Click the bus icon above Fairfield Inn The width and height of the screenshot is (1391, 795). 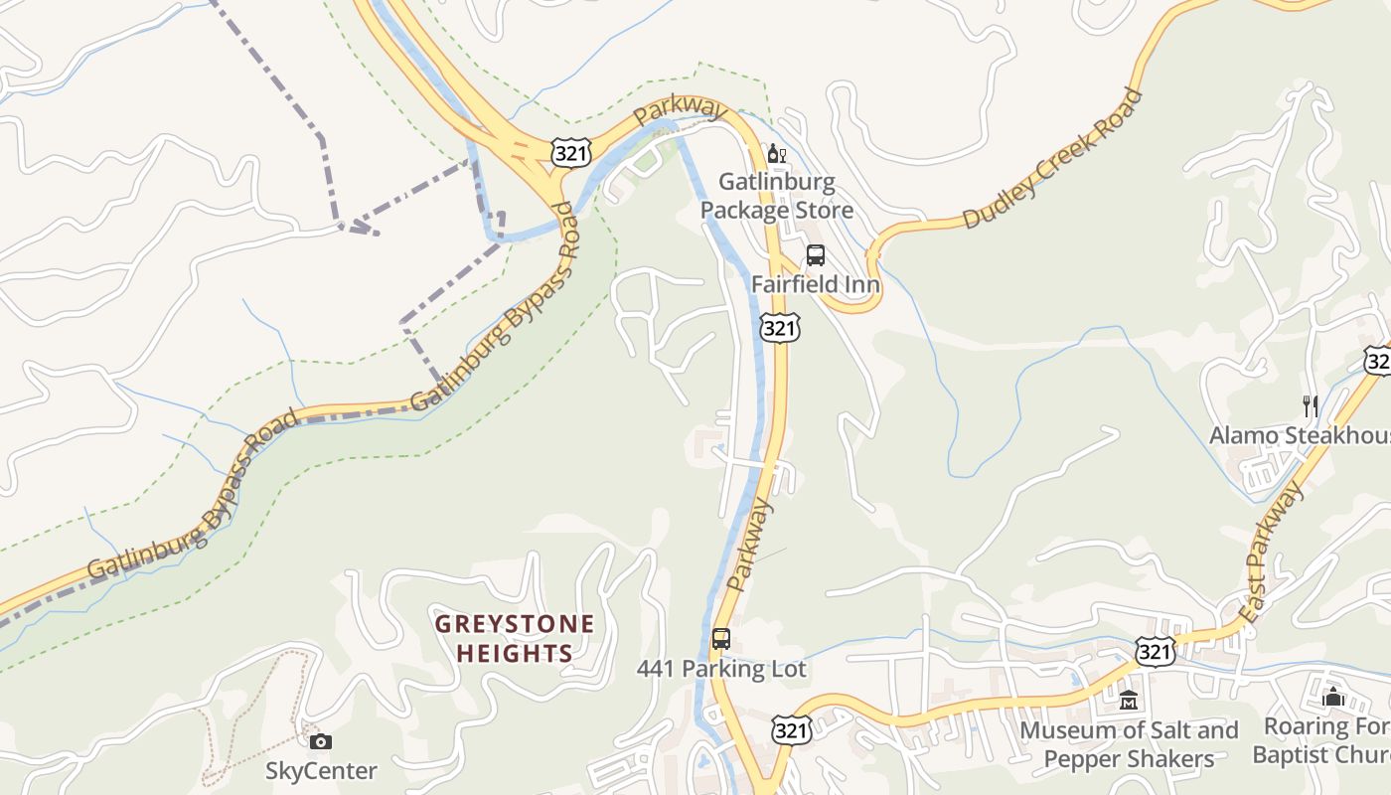click(816, 254)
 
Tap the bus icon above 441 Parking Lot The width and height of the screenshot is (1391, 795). click(721, 639)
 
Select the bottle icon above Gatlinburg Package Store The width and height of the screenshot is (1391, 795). click(776, 154)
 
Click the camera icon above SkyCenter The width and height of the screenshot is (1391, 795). click(320, 741)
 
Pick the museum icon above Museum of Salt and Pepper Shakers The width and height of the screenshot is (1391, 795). click(1128, 702)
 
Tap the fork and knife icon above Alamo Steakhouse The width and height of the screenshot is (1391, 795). click(1311, 405)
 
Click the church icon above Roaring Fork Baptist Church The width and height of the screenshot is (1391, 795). click(1333, 698)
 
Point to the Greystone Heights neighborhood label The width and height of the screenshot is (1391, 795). click(516, 639)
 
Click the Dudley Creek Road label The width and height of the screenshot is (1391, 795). click(1052, 160)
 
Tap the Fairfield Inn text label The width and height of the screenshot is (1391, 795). click(816, 284)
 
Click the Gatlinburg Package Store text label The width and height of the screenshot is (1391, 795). click(777, 197)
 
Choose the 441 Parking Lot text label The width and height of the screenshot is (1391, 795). click(721, 670)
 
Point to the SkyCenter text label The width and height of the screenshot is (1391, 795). click(321, 771)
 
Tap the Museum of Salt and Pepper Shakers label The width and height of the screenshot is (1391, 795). click(1129, 745)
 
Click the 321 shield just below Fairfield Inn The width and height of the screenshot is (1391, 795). click(780, 328)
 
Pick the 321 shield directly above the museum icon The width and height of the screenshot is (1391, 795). click(1158, 652)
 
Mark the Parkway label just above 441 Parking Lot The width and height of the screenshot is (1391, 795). click(750, 546)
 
